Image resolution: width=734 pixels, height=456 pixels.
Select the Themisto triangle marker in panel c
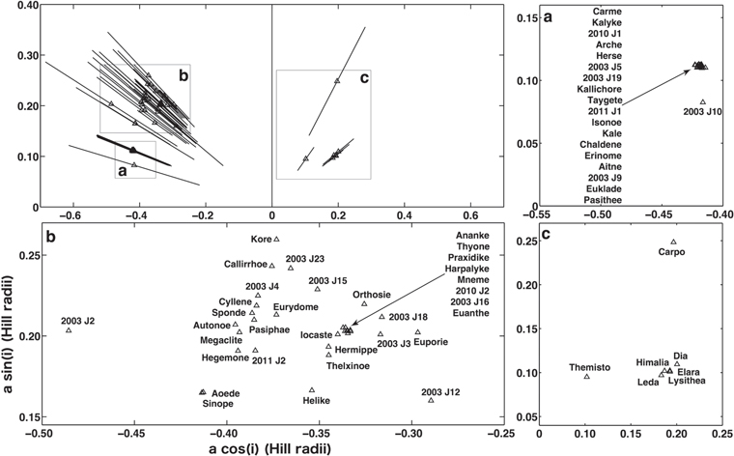pos(587,376)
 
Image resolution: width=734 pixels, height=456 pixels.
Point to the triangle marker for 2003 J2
pos(69,330)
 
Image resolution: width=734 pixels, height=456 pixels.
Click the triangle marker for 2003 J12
pos(431,400)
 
